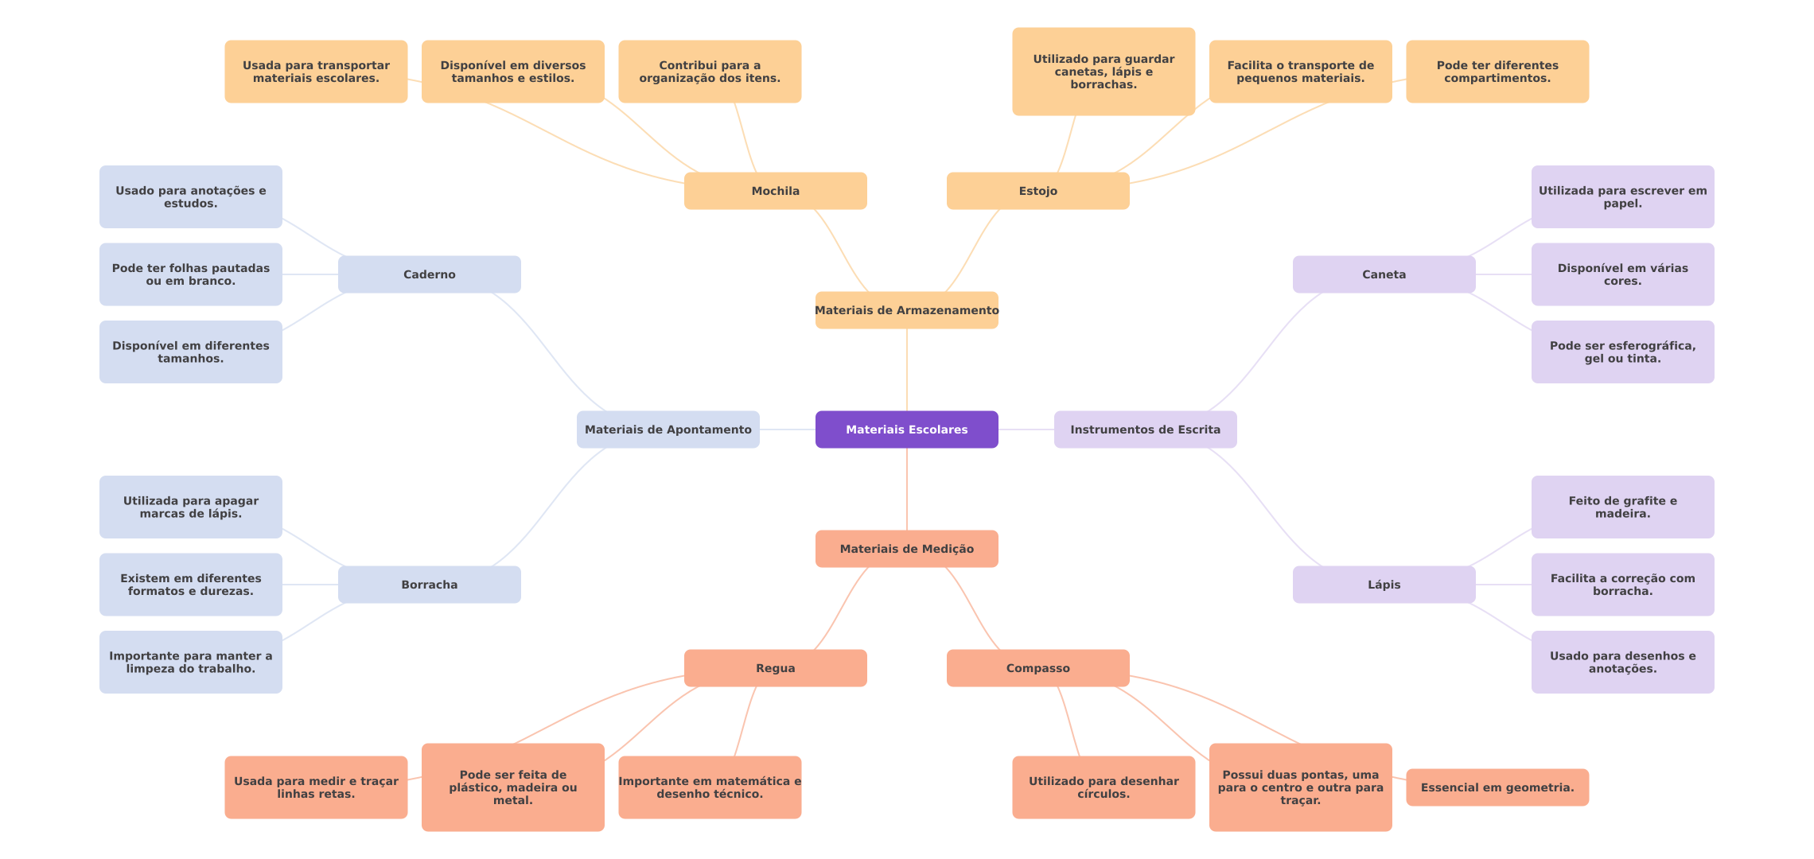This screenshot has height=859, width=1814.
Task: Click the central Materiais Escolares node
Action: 907,429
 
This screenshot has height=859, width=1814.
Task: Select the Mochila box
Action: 776,191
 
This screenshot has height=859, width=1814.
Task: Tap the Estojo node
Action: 1038,191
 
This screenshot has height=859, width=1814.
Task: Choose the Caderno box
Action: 430,274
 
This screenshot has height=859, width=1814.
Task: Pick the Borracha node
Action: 430,585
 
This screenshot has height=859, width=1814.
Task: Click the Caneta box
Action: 1384,274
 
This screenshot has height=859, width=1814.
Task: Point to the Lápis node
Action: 1384,585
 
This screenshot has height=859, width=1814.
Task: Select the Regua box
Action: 776,668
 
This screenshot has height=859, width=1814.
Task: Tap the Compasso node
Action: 1038,668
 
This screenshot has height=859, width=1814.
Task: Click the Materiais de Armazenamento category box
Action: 907,310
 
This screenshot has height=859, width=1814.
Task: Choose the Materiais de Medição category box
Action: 907,549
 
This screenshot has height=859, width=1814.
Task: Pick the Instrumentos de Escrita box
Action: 1146,429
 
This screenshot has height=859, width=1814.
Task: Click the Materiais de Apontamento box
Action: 668,429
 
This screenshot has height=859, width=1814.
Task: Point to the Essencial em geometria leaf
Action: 1497,787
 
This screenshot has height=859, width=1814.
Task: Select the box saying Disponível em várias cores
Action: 1623,274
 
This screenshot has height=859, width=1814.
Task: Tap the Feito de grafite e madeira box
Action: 1623,507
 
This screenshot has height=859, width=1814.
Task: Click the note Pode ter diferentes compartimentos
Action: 1497,72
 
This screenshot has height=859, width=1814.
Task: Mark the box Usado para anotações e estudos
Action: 191,197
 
